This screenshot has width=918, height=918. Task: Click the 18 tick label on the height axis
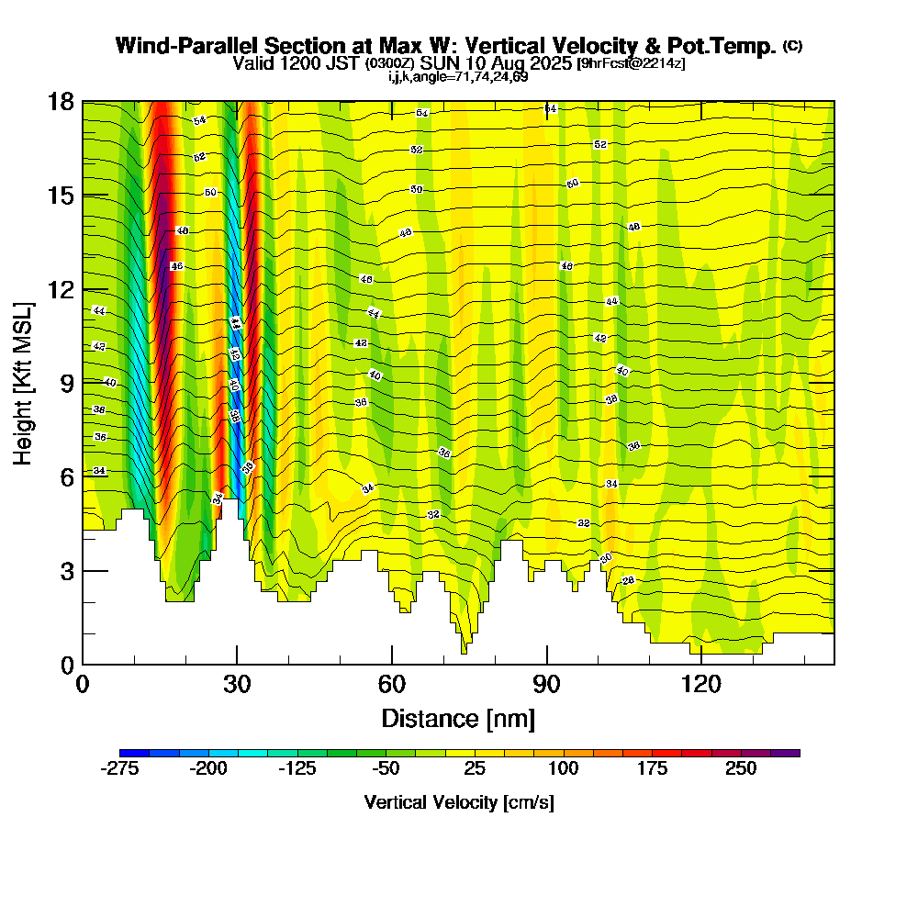pyautogui.click(x=61, y=102)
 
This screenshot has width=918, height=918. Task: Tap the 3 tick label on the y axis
pyautogui.click(x=67, y=571)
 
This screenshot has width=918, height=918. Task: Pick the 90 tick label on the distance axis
pyautogui.click(x=546, y=684)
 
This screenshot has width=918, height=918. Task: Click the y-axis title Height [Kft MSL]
pyautogui.click(x=24, y=382)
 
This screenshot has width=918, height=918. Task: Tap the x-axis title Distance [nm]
pyautogui.click(x=458, y=717)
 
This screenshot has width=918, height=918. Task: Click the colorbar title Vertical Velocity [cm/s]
pyautogui.click(x=459, y=802)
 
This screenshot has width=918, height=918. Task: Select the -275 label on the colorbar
pyautogui.click(x=119, y=769)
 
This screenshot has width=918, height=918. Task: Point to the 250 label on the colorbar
pyautogui.click(x=741, y=769)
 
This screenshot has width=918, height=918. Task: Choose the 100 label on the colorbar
pyautogui.click(x=564, y=769)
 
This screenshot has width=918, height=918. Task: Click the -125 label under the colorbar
pyautogui.click(x=297, y=769)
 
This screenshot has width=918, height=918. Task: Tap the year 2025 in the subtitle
pyautogui.click(x=545, y=63)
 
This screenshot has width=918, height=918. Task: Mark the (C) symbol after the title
pyautogui.click(x=793, y=46)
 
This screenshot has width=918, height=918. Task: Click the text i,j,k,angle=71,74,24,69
pyautogui.click(x=458, y=76)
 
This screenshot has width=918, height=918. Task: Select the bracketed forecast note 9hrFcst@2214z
pyautogui.click(x=631, y=63)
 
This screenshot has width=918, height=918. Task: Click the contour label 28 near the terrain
pyautogui.click(x=629, y=581)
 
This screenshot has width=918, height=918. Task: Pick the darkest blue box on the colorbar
pyautogui.click(x=134, y=753)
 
